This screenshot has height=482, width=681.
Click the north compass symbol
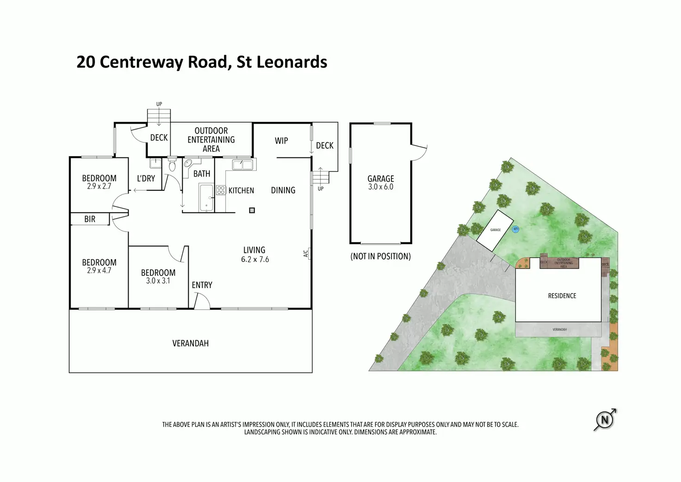pyautogui.click(x=604, y=420)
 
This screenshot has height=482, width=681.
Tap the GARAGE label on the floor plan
pyautogui.click(x=381, y=179)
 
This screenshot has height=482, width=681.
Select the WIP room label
pyautogui.click(x=281, y=141)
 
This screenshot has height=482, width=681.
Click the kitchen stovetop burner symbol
pyautogui.click(x=221, y=190)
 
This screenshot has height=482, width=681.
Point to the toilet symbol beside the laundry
pyautogui.click(x=172, y=165)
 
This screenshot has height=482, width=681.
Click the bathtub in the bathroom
pyautogui.click(x=206, y=198)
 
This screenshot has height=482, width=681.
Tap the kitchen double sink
pyautogui.click(x=243, y=164)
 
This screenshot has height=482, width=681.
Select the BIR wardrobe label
pyautogui.click(x=90, y=219)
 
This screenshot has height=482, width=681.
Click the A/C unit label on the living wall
pyautogui.click(x=306, y=253)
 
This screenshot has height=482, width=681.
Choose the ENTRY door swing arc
pyautogui.click(x=202, y=301)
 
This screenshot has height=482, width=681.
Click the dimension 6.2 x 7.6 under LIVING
pyautogui.click(x=255, y=260)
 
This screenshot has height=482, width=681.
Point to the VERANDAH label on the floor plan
pyautogui.click(x=191, y=344)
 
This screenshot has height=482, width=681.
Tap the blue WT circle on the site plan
pyautogui.click(x=515, y=229)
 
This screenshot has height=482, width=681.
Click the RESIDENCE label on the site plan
pyautogui.click(x=562, y=296)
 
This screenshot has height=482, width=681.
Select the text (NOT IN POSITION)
pyautogui.click(x=381, y=257)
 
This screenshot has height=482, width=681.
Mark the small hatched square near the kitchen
pyautogui.click(x=252, y=210)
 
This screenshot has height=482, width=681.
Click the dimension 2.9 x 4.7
pyautogui.click(x=99, y=271)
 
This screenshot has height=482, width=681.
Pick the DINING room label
pyautogui.click(x=283, y=190)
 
